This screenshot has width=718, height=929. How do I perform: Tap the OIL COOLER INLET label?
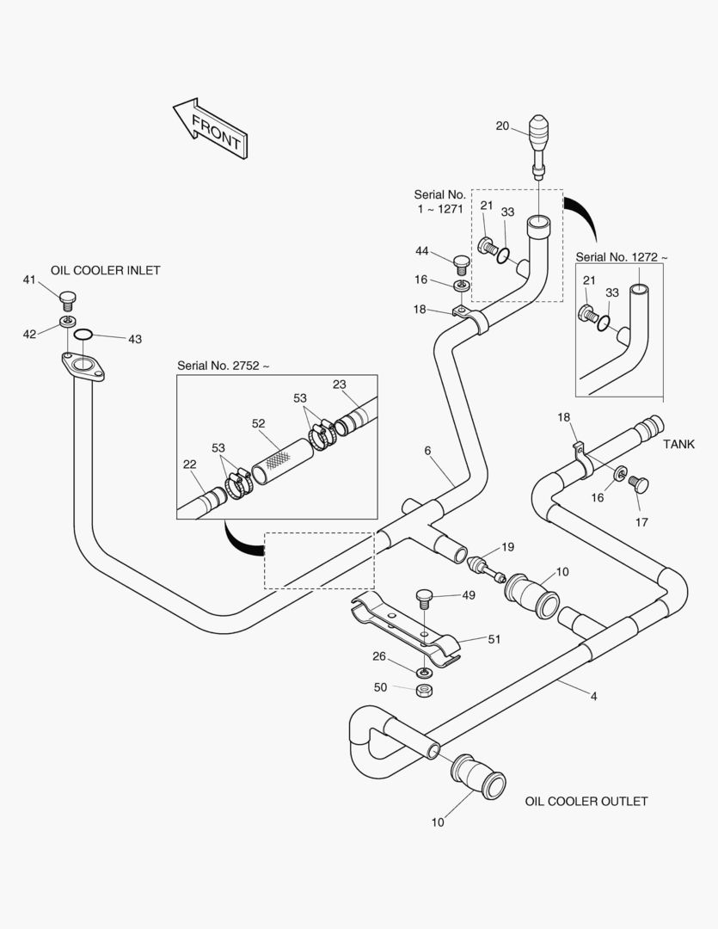tap(106, 270)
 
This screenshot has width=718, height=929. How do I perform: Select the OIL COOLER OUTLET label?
tap(586, 801)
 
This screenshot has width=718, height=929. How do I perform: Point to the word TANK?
tap(678, 445)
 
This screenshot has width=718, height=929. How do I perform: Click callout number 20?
tap(503, 126)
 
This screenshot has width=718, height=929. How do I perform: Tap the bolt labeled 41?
tap(69, 298)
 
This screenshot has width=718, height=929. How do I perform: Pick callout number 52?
tap(259, 423)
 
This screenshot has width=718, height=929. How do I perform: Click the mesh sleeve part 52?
tap(282, 460)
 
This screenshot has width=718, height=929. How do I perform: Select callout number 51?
tap(494, 639)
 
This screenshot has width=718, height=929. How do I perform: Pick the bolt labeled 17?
tap(640, 484)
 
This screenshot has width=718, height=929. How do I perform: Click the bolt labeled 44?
tap(461, 259)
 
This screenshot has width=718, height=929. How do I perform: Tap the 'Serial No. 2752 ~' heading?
tap(224, 366)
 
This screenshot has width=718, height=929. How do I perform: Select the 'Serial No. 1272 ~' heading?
tap(621, 256)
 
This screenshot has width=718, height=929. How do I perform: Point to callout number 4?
tap(593, 696)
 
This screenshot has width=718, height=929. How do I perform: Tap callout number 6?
tap(427, 450)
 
